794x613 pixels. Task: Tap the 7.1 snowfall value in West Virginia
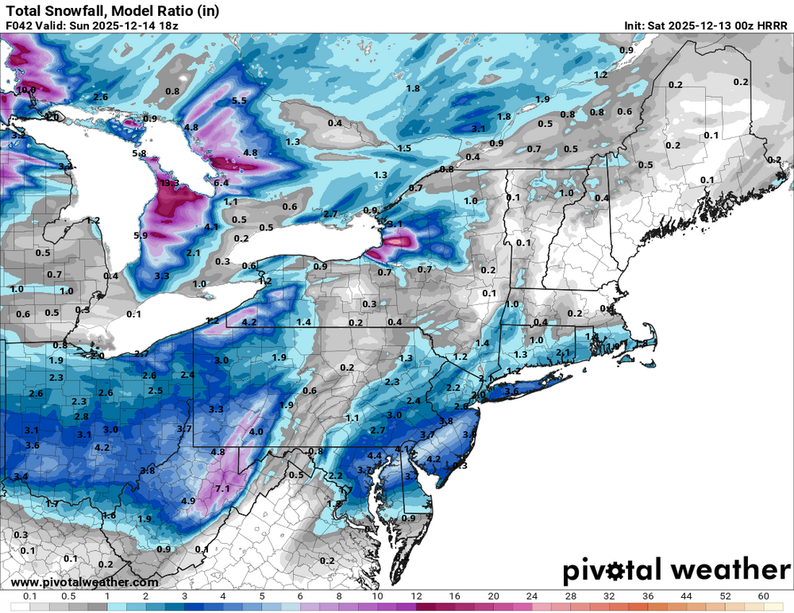[x=222, y=488]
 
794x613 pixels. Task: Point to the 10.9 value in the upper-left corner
[x=27, y=90]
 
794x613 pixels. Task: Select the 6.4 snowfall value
[x=221, y=183]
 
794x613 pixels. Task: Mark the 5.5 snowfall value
[x=239, y=101]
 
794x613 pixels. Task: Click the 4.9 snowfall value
[x=188, y=501]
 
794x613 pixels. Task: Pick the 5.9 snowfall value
[x=141, y=236]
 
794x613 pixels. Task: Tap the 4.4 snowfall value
[x=376, y=456]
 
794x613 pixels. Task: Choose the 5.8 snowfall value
[x=140, y=153]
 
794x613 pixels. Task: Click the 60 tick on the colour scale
[x=763, y=596]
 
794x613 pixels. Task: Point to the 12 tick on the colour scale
[x=415, y=596]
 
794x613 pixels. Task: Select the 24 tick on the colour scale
[x=531, y=596]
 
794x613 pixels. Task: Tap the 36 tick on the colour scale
[x=647, y=596]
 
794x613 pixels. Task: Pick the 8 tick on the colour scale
[x=338, y=596]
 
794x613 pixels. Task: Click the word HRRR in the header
[x=772, y=25]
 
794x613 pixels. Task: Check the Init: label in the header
[x=640, y=25]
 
